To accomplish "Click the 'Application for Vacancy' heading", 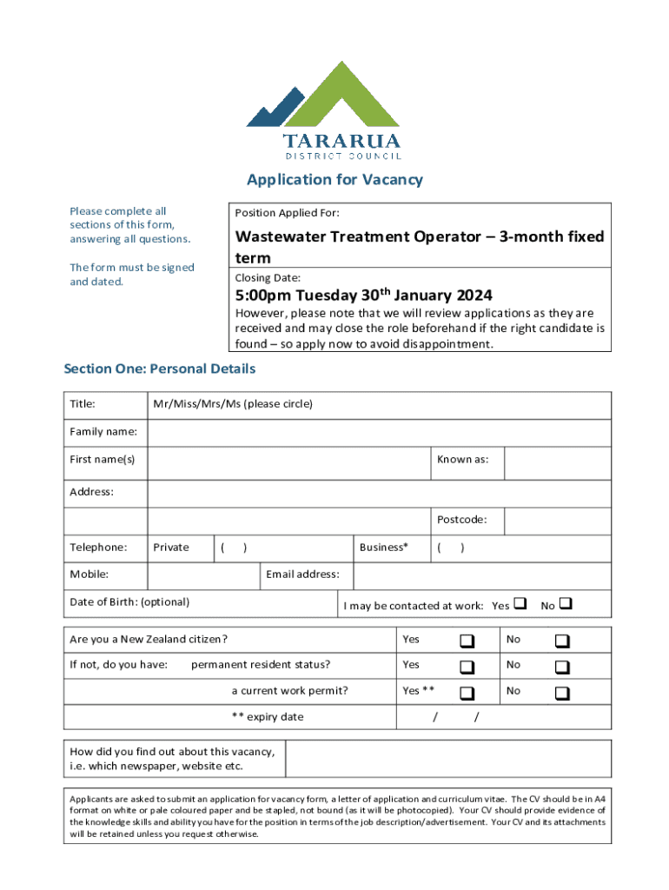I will click(x=334, y=180).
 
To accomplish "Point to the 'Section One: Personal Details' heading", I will click(x=160, y=369).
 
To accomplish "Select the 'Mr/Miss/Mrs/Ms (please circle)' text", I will click(x=232, y=404).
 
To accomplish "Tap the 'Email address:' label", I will click(x=308, y=574).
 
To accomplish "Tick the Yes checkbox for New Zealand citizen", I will click(x=467, y=641).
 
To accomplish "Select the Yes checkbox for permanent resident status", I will click(x=467, y=667).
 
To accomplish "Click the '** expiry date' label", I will click(x=268, y=717).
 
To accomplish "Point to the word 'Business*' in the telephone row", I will click(x=383, y=548).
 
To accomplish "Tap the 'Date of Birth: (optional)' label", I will click(x=129, y=601).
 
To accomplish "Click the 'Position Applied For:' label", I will click(x=287, y=213).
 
